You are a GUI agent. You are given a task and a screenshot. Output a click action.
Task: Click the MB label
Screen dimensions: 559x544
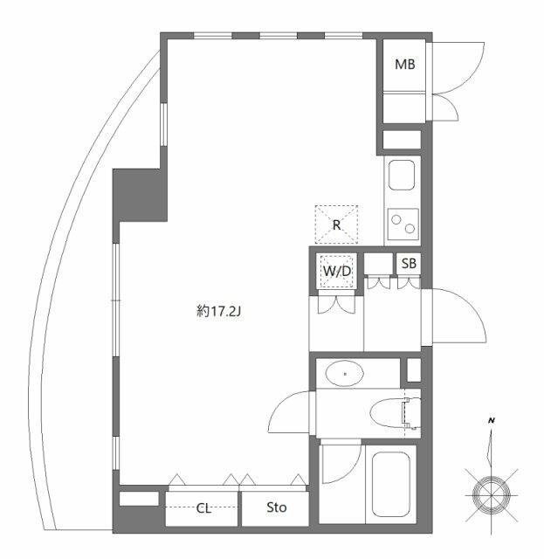click(404, 64)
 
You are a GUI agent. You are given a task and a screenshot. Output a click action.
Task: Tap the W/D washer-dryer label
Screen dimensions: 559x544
click(336, 271)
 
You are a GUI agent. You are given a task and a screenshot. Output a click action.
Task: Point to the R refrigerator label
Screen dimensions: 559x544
click(336, 224)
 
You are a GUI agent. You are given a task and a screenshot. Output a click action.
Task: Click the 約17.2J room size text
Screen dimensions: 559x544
click(218, 310)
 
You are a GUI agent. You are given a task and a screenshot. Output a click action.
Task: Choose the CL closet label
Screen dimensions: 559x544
click(203, 507)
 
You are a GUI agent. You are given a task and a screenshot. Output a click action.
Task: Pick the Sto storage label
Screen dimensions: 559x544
click(276, 507)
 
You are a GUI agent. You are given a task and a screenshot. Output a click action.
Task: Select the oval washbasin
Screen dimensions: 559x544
click(347, 375)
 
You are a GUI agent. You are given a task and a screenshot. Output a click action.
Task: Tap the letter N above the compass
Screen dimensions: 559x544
click(492, 422)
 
